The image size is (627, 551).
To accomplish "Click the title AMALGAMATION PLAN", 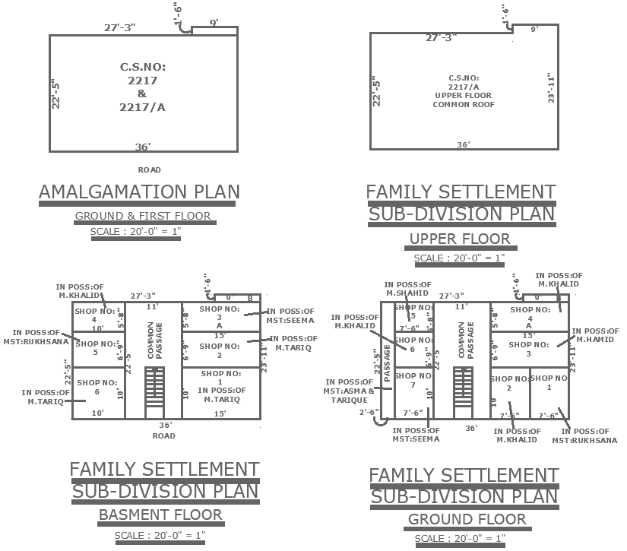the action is pyautogui.click(x=139, y=192).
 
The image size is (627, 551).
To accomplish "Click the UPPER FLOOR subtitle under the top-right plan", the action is pyautogui.click(x=460, y=239).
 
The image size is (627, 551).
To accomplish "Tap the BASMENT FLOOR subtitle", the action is pyautogui.click(x=160, y=515).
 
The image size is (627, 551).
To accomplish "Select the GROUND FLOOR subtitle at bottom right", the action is pyautogui.click(x=467, y=520).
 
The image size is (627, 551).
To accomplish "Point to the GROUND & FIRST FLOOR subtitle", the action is pyautogui.click(x=143, y=217).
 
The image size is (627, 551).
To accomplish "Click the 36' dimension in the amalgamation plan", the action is pyautogui.click(x=143, y=147).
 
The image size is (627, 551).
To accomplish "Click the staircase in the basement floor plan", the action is pyautogui.click(x=154, y=391).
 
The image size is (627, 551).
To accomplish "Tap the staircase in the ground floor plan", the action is pyautogui.click(x=462, y=391).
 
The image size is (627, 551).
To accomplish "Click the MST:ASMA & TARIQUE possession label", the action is pyautogui.click(x=350, y=391).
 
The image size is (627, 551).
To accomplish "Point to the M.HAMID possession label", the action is pyautogui.click(x=597, y=335).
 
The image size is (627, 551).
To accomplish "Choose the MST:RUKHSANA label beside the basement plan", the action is pyautogui.click(x=40, y=337).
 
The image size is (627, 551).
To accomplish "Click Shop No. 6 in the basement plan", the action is pyautogui.click(x=97, y=387).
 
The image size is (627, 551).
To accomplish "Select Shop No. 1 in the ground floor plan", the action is pyautogui.click(x=549, y=382).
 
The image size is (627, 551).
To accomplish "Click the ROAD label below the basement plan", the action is pyautogui.click(x=163, y=436).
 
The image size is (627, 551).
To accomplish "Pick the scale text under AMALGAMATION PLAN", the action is pyautogui.click(x=135, y=232).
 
